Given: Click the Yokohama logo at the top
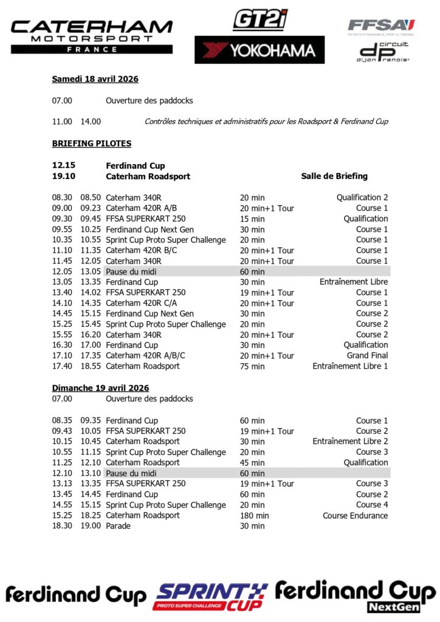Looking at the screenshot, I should (260, 50).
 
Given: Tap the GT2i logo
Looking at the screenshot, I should (260, 19).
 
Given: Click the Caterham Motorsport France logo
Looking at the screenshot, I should (92, 36).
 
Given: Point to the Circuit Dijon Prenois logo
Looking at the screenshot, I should (383, 52).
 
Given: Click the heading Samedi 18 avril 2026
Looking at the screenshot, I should (95, 79).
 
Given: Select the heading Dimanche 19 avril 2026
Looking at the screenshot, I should (100, 388).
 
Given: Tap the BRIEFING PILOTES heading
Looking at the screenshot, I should (91, 144).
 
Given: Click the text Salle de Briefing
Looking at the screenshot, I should (334, 176).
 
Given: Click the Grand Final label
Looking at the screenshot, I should (367, 355).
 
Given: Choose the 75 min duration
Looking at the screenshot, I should (252, 366).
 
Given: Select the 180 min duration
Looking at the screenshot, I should (254, 516).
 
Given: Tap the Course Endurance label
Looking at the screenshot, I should (355, 516).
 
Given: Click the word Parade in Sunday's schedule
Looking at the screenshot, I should (118, 526).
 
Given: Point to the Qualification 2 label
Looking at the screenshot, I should (362, 197).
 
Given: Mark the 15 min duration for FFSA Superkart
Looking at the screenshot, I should (252, 219).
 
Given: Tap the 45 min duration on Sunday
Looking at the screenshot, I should (252, 463).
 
